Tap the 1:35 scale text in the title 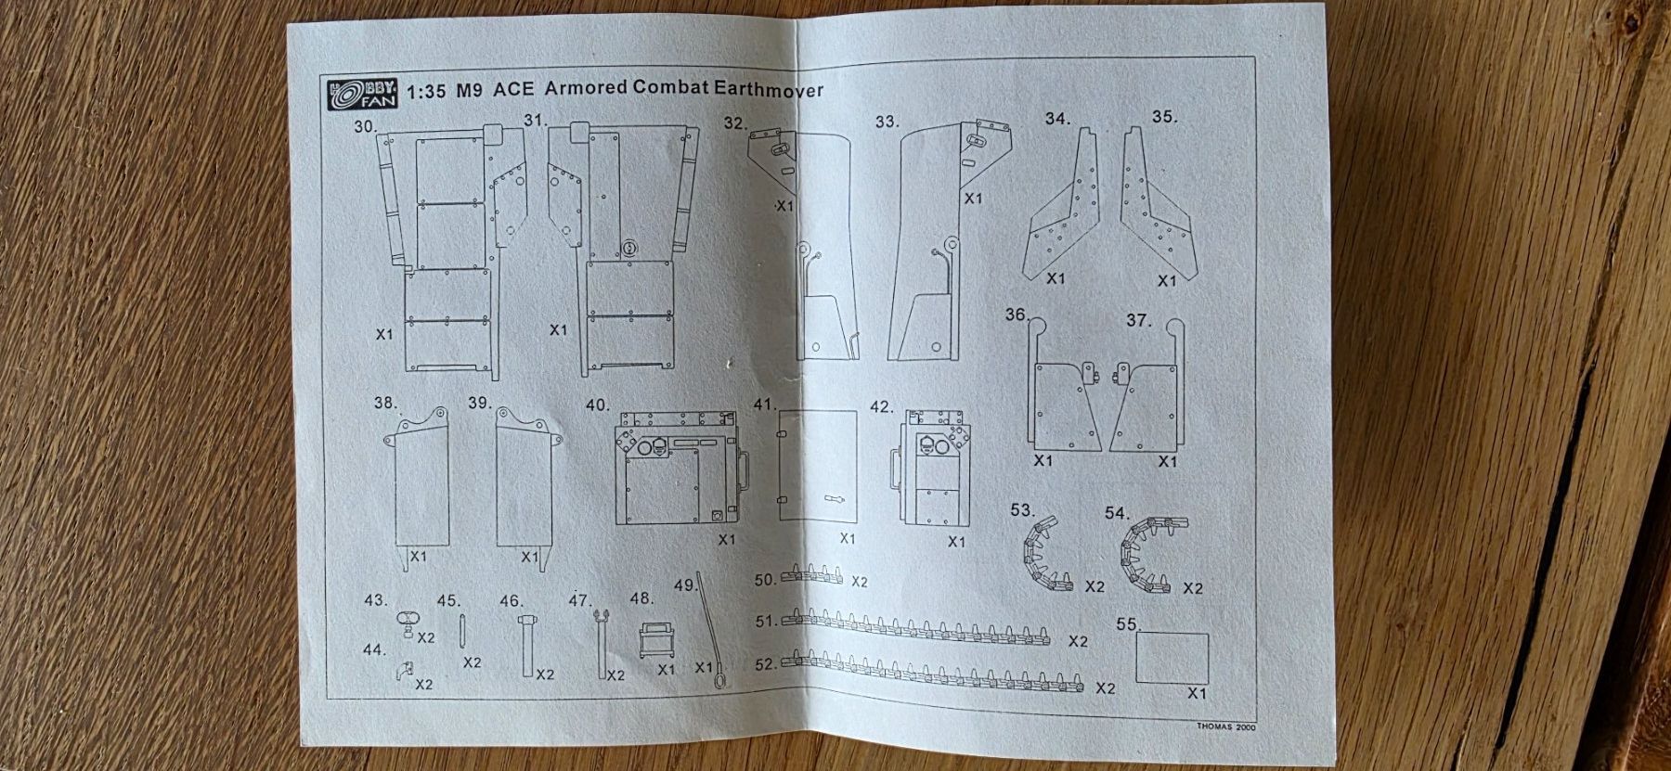click(426, 92)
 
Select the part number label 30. click(363, 126)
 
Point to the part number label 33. click(887, 122)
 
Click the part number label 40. click(598, 405)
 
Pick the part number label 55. click(1127, 624)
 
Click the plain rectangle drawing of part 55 click(1172, 658)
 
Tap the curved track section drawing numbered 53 click(1045, 554)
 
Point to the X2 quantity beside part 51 click(1078, 641)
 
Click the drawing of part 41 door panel click(816, 466)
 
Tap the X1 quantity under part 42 click(955, 542)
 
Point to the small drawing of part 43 click(408, 623)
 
